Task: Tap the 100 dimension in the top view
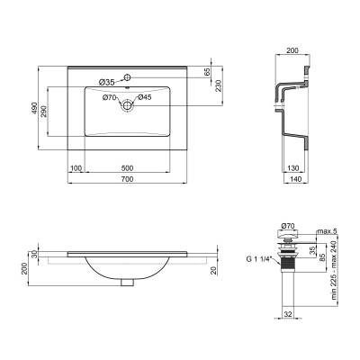pyautogui.click(x=76, y=167)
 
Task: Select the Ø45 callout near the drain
pyautogui.click(x=143, y=97)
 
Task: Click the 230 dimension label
pyautogui.click(x=217, y=85)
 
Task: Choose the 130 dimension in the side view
pyautogui.click(x=293, y=167)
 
